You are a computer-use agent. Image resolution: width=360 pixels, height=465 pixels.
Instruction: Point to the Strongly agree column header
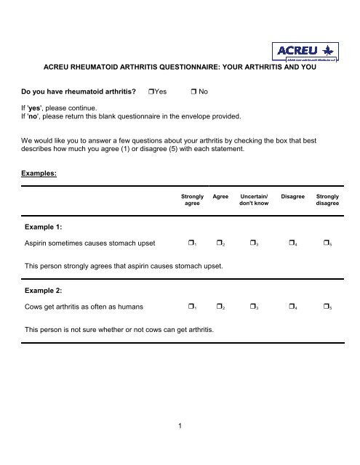pos(192,200)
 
